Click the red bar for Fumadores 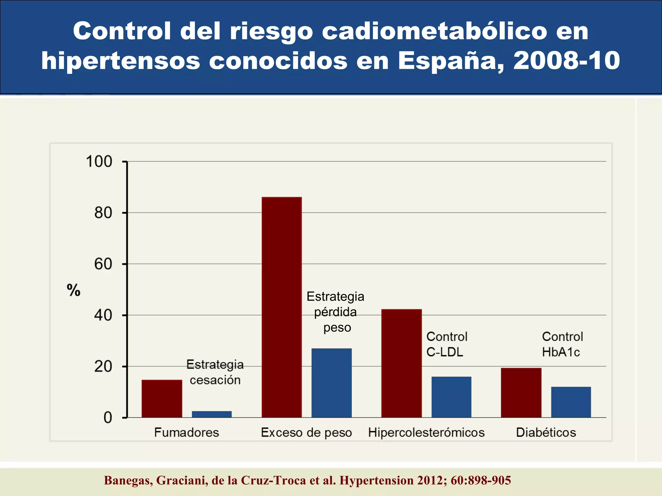pos(162,398)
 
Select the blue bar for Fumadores pos(212,414)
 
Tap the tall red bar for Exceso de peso pos(282,307)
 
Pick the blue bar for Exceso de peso pos(331,383)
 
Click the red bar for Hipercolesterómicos pos(401,363)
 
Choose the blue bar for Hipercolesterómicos pos(451,397)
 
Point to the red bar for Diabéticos pos(521,392)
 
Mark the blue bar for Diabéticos pos(571,402)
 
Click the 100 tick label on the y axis pos(99,161)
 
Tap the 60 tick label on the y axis pos(103,264)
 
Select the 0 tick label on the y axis pos(108,418)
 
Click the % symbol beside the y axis pos(73,290)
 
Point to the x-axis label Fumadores pos(187,432)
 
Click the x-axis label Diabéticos pos(546,432)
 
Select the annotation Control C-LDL pos(447,344)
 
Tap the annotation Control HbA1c pos(562,344)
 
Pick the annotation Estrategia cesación pos(215,372)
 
